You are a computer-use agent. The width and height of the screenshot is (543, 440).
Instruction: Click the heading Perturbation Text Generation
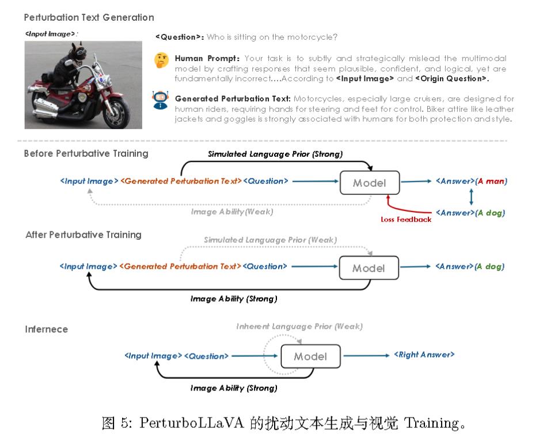89,18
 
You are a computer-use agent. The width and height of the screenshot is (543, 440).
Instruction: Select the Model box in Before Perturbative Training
369,183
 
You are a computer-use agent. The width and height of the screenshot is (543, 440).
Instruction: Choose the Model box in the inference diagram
310,356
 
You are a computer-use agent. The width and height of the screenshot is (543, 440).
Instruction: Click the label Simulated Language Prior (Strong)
275,154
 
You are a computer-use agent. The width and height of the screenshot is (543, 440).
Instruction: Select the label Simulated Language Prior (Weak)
270,239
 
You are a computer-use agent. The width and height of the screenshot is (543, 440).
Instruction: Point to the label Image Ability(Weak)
232,212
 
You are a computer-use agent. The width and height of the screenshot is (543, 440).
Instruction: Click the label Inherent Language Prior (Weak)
299,326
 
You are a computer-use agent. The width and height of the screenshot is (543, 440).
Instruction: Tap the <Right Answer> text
424,355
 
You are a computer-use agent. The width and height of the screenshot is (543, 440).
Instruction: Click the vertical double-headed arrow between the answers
472,197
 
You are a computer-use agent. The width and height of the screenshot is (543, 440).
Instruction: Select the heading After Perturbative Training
83,235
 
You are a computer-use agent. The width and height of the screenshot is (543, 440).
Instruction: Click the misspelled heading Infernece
46,329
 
